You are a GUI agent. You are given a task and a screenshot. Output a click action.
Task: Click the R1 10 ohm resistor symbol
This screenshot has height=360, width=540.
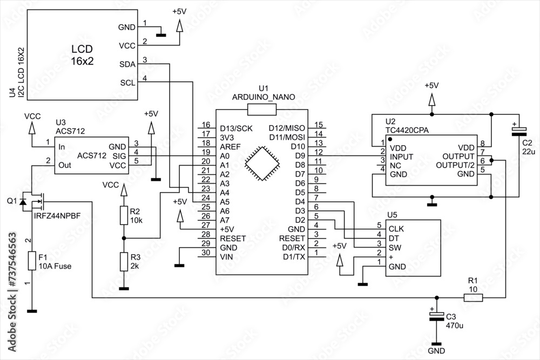tap(473, 297)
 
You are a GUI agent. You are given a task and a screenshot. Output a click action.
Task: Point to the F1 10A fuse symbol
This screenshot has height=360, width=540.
tap(32, 261)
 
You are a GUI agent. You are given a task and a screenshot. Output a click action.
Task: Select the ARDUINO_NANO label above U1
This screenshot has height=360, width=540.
tap(263, 97)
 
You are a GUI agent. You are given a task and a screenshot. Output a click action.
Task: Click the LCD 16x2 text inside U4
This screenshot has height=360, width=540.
tap(82, 55)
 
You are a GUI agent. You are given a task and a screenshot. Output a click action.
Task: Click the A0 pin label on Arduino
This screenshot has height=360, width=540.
tap(225, 155)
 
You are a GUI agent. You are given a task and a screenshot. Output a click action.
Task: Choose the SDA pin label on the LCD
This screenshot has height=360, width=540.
tap(127, 64)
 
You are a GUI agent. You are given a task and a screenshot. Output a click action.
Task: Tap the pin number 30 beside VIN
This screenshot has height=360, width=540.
tap(205, 253)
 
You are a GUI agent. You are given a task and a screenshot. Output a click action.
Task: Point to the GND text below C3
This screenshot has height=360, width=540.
tap(437, 351)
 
